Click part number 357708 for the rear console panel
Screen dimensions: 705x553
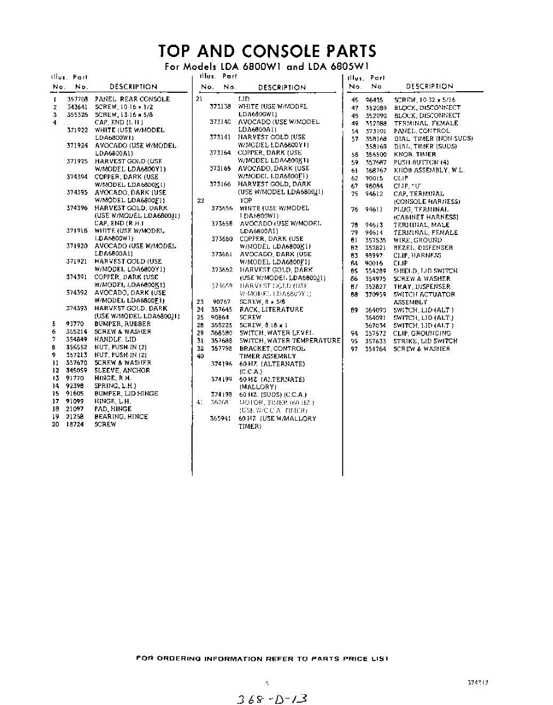point(77,99)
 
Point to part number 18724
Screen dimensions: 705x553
point(74,424)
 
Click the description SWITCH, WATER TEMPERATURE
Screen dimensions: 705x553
point(289,341)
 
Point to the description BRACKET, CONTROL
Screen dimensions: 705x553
point(272,348)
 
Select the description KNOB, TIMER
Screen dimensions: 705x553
point(414,155)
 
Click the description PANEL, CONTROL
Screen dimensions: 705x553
point(422,131)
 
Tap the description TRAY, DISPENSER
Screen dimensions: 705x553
point(422,287)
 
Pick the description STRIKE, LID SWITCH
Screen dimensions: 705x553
point(425,341)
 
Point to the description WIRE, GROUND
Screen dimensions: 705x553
point(417,240)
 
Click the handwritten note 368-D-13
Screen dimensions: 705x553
point(271,698)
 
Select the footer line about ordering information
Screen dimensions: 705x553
point(262,659)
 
